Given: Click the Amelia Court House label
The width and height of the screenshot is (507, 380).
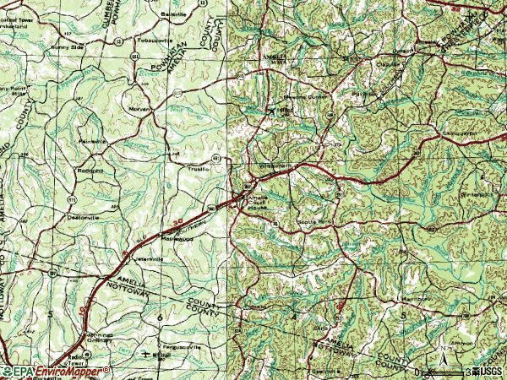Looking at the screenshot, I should [258, 204].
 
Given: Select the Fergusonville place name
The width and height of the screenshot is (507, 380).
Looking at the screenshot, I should [184, 345].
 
